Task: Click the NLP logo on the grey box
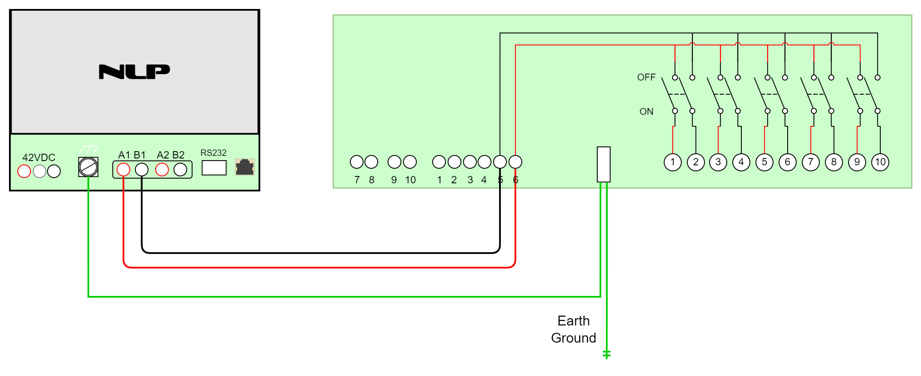point(134,72)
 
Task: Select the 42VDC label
point(39,157)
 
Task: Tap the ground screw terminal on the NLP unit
point(88,167)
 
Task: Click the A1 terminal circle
point(123,170)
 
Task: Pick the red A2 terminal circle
point(162,170)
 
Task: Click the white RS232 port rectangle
point(214,167)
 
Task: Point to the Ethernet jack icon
point(245,167)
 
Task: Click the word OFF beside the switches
point(646,78)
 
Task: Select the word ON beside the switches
point(646,112)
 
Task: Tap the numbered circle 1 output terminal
point(673,162)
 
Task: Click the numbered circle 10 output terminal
point(880,162)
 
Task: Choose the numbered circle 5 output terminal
point(764,162)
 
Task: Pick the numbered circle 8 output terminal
point(834,162)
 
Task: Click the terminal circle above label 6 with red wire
point(515,162)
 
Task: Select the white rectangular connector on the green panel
point(603,164)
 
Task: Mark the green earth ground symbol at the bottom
point(607,354)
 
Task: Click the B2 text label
point(178,155)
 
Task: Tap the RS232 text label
point(213,153)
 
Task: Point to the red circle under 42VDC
point(24,171)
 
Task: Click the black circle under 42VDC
point(54,171)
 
